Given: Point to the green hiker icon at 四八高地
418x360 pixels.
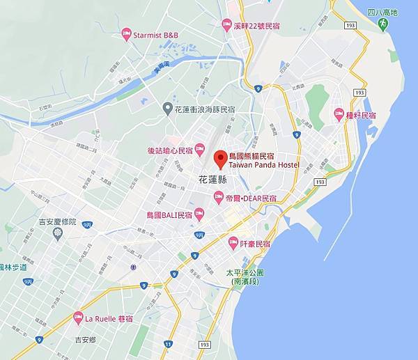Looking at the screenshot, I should tap(382, 24).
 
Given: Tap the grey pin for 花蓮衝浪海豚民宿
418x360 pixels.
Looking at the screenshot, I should tap(167, 108).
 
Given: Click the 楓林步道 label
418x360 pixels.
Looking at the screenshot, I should tap(14, 267).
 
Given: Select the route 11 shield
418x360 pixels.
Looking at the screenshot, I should tap(169, 344).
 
